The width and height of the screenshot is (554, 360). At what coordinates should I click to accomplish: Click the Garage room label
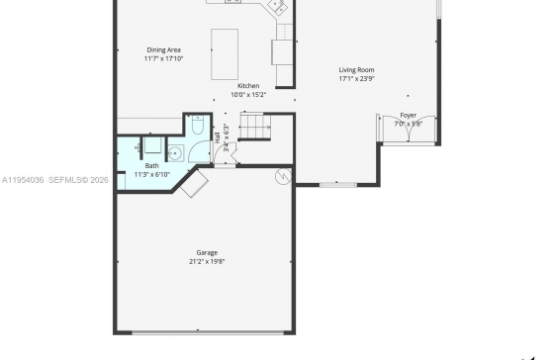coord(207,252)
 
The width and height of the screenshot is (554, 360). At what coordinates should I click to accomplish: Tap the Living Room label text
coord(356,70)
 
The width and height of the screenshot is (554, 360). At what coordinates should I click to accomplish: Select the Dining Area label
coord(163,49)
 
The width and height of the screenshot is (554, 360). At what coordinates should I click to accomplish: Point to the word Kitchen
coord(248,86)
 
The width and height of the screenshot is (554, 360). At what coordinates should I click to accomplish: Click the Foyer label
coord(408,115)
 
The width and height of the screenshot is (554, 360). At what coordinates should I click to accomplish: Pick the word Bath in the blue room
coord(152,166)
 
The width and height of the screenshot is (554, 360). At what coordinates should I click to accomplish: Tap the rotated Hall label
coord(218,137)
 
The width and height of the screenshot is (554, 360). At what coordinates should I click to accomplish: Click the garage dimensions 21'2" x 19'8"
coord(207,261)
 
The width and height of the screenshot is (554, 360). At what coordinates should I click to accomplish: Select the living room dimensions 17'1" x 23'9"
coord(356,79)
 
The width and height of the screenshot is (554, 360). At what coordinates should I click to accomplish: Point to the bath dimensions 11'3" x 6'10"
coord(152,174)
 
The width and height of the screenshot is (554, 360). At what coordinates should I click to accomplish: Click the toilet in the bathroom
coord(198,125)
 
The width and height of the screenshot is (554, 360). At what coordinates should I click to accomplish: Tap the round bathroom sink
coord(174,153)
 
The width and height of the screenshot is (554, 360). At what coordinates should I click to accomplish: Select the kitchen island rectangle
coord(225,54)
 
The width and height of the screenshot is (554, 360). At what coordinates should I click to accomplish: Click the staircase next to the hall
coord(254,127)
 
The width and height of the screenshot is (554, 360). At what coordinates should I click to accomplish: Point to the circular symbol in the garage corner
coord(283,176)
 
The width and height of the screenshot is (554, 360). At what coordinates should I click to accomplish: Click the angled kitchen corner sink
coord(277,7)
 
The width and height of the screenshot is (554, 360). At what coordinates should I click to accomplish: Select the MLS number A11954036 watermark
coord(23,180)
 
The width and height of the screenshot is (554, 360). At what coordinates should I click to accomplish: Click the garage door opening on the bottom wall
coord(208,332)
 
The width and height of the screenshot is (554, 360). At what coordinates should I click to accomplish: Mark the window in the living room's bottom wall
coord(338,184)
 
